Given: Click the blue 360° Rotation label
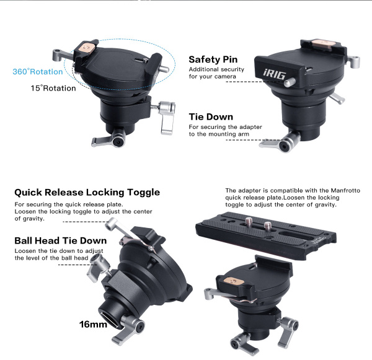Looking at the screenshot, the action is point(37,72).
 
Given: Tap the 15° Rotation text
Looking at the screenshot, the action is point(53,88).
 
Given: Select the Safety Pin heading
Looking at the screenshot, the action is point(213,59).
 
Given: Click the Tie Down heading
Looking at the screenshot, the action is point(211,117).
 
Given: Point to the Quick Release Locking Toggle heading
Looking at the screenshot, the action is point(87,192).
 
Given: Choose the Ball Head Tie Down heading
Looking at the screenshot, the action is point(61,240).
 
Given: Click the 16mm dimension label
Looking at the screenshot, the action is point(93,325).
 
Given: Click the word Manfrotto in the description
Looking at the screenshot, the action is point(345,191).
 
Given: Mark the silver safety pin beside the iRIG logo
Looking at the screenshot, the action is point(290,82).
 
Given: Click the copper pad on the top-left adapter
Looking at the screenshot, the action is point(87,48).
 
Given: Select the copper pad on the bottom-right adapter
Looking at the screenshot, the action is point(234,281).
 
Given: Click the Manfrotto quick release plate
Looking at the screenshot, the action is point(266,235).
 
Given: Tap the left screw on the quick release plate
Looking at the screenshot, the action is point(249,222).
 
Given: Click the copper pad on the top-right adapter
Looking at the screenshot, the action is point(324,44).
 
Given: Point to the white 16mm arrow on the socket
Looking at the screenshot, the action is point(109,320).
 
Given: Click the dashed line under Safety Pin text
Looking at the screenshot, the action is point(255,82).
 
